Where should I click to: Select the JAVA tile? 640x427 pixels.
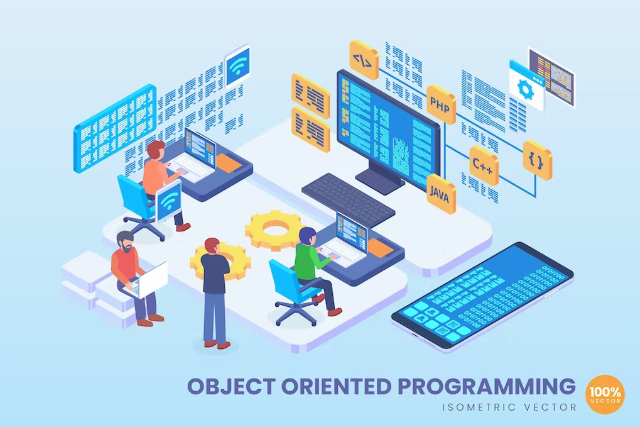pyautogui.click(x=441, y=194)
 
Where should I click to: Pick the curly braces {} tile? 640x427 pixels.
pyautogui.click(x=537, y=160)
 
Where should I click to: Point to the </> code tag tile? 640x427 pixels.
pyautogui.click(x=364, y=60)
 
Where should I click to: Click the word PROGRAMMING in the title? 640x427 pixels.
pyautogui.click(x=479, y=385)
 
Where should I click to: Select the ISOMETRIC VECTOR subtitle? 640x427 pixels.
pyautogui.click(x=510, y=407)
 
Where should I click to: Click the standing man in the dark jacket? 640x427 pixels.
pyautogui.click(x=215, y=289)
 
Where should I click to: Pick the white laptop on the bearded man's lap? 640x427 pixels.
pyautogui.click(x=151, y=279)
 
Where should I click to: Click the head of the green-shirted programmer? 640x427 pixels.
pyautogui.click(x=307, y=236)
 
